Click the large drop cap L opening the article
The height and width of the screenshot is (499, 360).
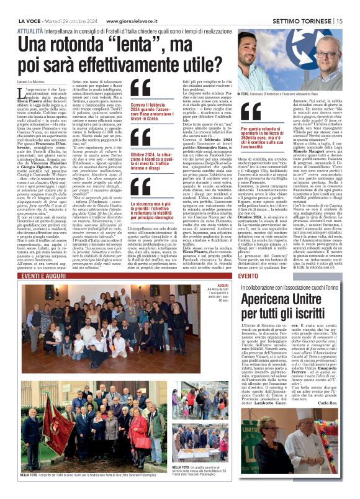tap(28, 94)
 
